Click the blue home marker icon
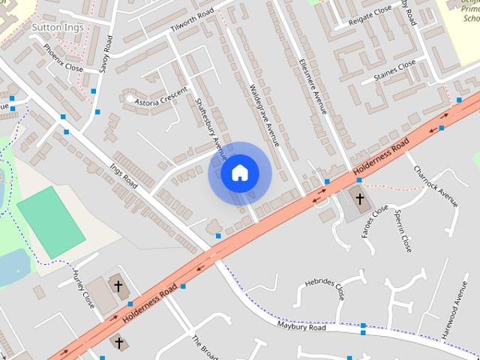239,173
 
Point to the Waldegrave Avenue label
263,115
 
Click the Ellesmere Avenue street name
313,85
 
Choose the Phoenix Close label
63,57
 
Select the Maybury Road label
300,327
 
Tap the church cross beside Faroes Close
360,199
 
